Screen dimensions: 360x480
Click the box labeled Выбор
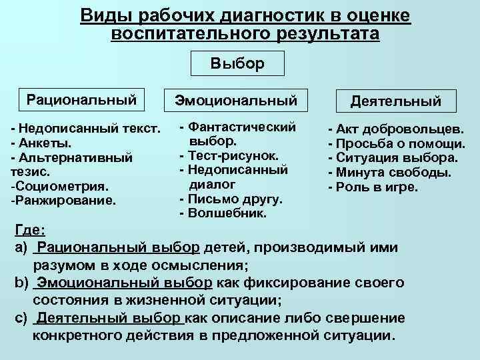tap(237, 63)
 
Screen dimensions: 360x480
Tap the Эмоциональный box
tap(236, 101)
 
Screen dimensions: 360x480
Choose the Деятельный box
tap(396, 101)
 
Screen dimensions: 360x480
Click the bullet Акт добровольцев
tap(393, 129)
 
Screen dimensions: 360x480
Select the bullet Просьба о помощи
tap(396, 143)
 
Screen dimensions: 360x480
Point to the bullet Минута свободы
tap(389, 173)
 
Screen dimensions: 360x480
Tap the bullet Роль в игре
tap(373, 187)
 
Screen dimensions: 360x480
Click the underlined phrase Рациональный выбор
tap(119, 248)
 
